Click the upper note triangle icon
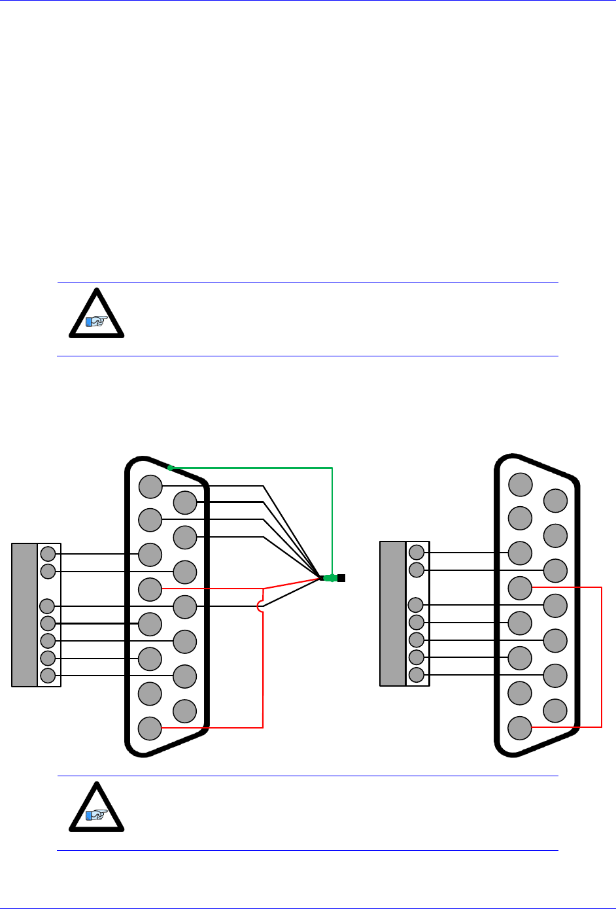pyautogui.click(x=97, y=315)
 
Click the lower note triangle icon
pyautogui.click(x=97, y=808)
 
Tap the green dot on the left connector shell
pyautogui.click(x=170, y=468)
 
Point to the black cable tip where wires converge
pyautogui.click(x=341, y=578)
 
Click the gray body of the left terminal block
pyautogui.click(x=24, y=615)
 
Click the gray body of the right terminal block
pyautogui.click(x=392, y=613)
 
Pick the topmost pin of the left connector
pyautogui.click(x=150, y=487)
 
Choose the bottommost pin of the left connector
pyautogui.click(x=150, y=728)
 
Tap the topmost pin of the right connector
pyautogui.click(x=521, y=485)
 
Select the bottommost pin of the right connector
pyautogui.click(x=520, y=727)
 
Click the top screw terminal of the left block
pyautogui.click(x=48, y=554)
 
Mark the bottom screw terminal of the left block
pyautogui.click(x=48, y=676)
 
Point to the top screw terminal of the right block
pyautogui.click(x=417, y=552)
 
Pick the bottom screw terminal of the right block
pyautogui.click(x=417, y=674)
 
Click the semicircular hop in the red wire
pyautogui.click(x=261, y=607)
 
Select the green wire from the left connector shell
pyautogui.click(x=262, y=468)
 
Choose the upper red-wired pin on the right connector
pyautogui.click(x=520, y=588)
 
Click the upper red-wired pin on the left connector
pyautogui.click(x=150, y=589)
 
